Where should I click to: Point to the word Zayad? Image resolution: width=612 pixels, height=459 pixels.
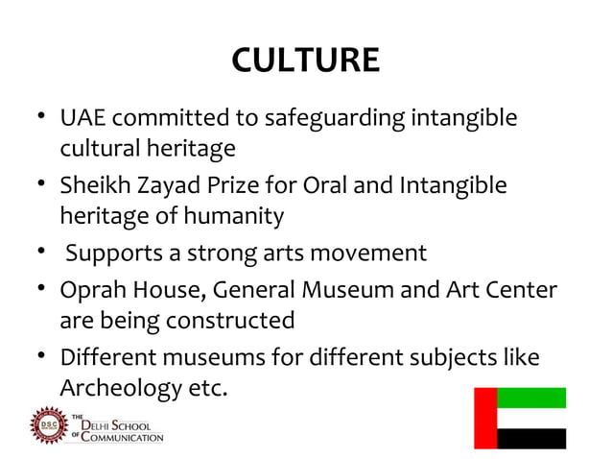[x=163, y=185]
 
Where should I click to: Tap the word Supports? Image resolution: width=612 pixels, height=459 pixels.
[x=110, y=254]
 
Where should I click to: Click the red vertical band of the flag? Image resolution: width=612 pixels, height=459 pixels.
[x=486, y=418]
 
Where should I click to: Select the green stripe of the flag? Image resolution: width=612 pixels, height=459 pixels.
[x=531, y=398]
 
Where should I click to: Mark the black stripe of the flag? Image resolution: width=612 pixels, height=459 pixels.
[x=531, y=439]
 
